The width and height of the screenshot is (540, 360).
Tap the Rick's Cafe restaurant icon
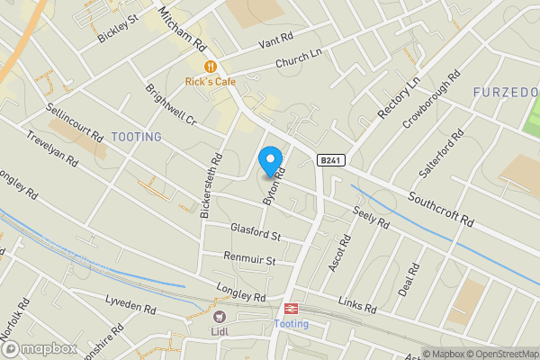[x=210, y=66]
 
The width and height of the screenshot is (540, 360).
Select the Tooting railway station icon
[x=291, y=309]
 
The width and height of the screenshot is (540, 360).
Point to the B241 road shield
[x=329, y=159]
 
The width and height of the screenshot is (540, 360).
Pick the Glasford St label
[x=256, y=233]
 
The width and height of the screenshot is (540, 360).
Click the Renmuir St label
[x=250, y=259]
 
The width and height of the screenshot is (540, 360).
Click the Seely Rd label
[x=371, y=217]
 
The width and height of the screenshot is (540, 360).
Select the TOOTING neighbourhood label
[x=137, y=137]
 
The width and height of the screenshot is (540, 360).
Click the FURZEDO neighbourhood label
[x=507, y=92]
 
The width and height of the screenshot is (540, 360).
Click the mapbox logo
[x=38, y=348]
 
